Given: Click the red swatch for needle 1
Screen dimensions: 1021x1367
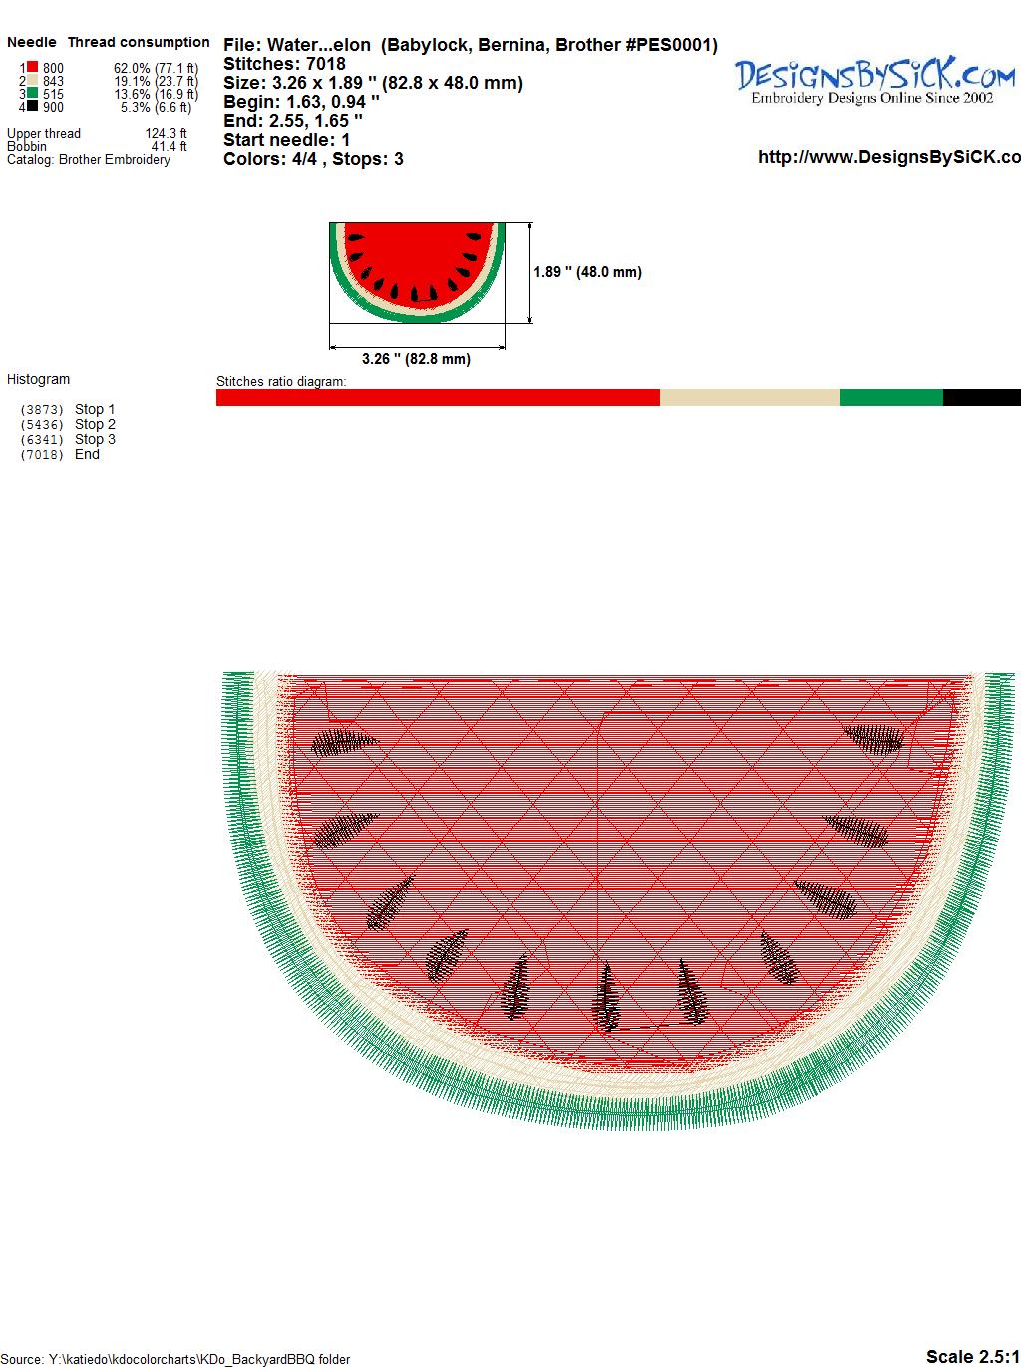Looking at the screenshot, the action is pyautogui.click(x=32, y=66).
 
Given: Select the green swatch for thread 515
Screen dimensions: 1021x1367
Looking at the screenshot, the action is pyautogui.click(x=32, y=92).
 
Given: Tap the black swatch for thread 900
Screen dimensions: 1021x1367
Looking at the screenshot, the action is pyautogui.click(x=32, y=105).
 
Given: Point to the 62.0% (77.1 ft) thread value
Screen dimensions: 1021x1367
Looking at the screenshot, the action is pyautogui.click(x=156, y=68).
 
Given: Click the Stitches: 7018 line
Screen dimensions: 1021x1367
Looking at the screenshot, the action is pyautogui.click(x=284, y=64).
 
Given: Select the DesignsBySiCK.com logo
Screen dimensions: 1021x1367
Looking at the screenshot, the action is pyautogui.click(x=874, y=81).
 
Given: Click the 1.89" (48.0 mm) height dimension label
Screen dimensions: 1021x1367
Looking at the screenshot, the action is pyautogui.click(x=587, y=272).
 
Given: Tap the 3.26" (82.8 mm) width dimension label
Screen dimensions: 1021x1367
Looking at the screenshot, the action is pyautogui.click(x=416, y=359).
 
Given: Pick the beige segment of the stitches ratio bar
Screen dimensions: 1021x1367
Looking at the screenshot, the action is pyautogui.click(x=749, y=397).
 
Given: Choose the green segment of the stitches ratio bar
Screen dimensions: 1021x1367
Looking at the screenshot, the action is pyautogui.click(x=891, y=397).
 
